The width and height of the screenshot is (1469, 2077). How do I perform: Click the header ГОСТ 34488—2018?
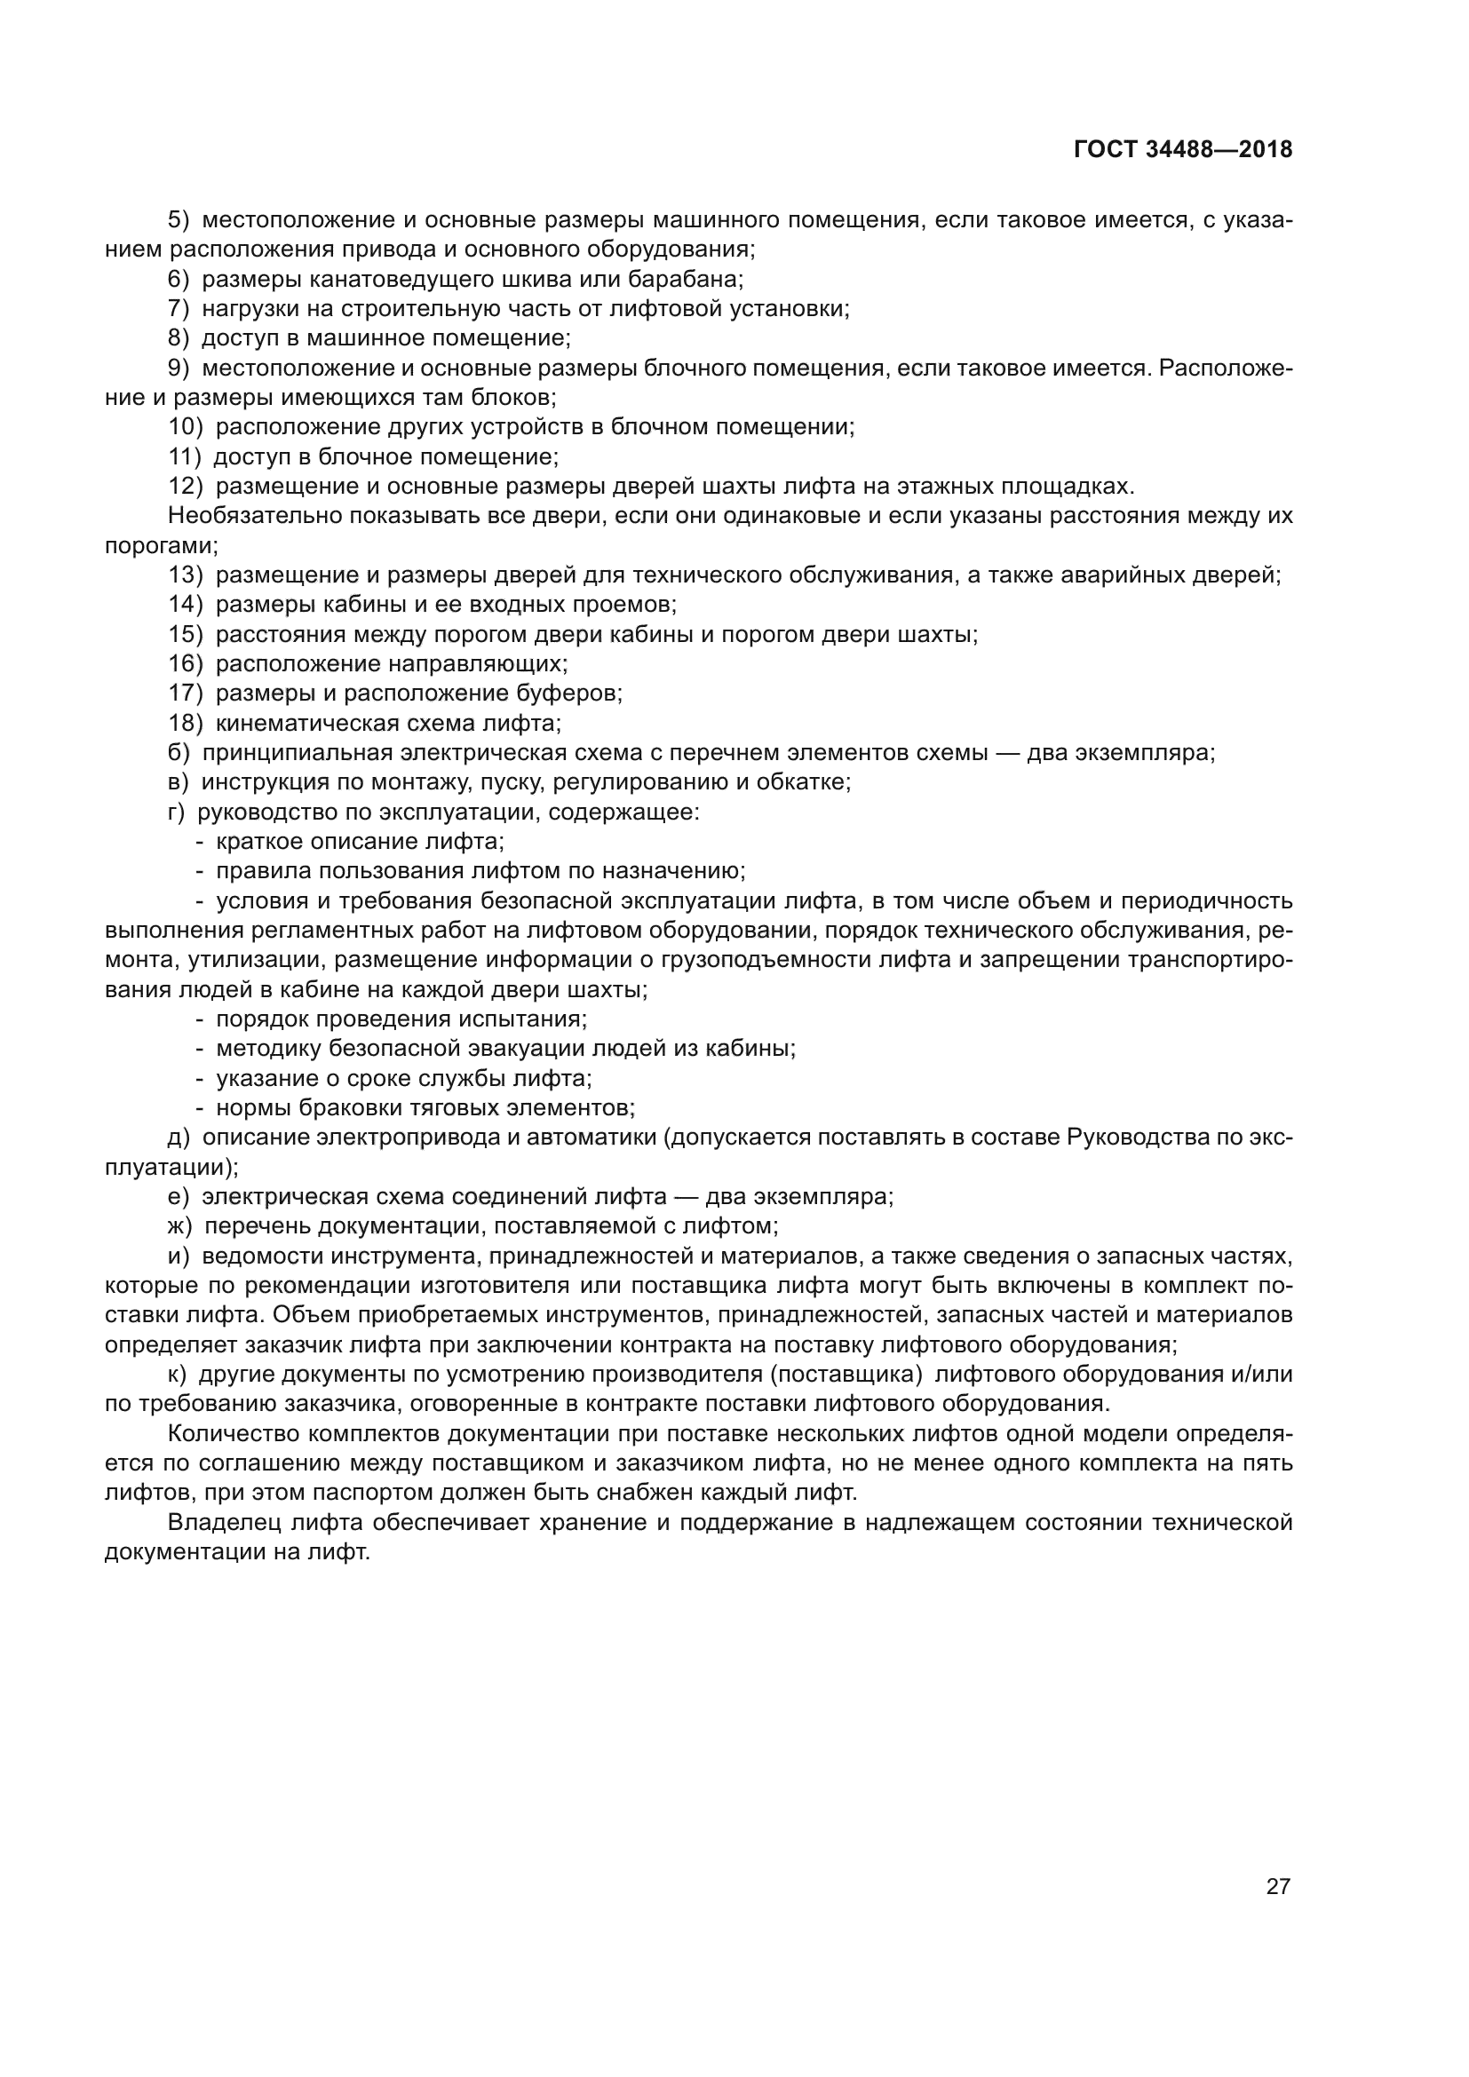pyautogui.click(x=1182, y=150)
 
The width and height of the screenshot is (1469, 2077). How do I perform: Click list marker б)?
pyautogui.click(x=179, y=753)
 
